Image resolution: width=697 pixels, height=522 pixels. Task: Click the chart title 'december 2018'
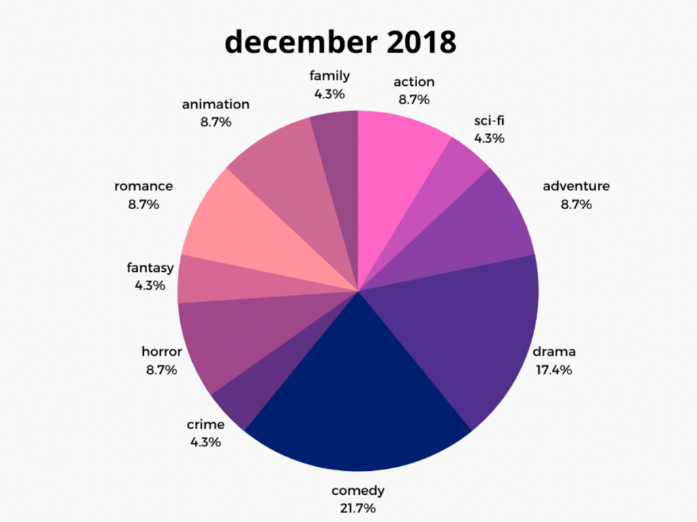coord(340,42)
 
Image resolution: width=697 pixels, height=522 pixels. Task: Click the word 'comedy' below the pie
coord(358,491)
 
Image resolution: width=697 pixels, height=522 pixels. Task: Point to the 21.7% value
coord(358,508)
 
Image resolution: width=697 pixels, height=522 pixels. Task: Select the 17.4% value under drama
coord(553,370)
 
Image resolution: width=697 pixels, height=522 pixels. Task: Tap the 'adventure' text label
coord(576,186)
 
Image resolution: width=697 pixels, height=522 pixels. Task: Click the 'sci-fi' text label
coord(489,121)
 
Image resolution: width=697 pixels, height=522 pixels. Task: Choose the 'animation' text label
coord(215,105)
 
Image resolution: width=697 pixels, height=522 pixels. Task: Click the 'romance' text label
coord(144,186)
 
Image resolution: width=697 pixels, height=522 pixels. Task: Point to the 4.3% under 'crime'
coord(205,442)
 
